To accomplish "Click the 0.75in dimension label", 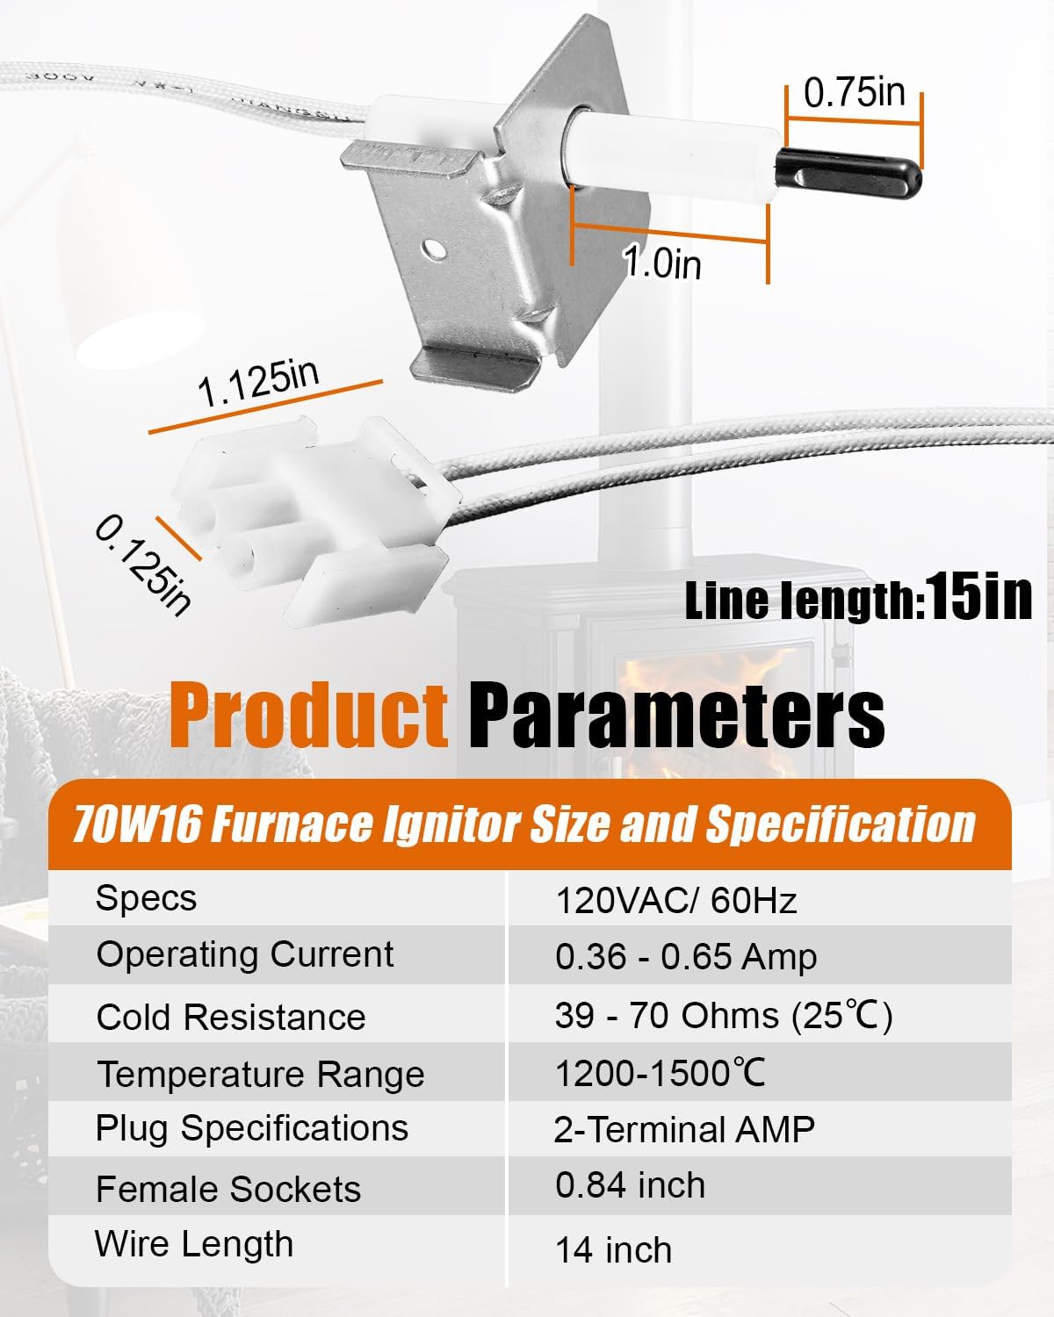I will (x=854, y=92).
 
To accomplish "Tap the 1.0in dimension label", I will (x=662, y=262).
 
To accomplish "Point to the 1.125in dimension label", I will (x=258, y=383).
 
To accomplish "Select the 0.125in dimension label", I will (x=142, y=566).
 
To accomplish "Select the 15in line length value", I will (x=978, y=597).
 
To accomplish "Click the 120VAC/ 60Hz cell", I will (x=676, y=900).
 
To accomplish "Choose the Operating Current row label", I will (x=245, y=954).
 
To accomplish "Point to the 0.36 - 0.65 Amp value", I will (x=686, y=956).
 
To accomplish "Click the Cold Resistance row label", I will (x=231, y=1017).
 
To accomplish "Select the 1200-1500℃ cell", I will (x=661, y=1073).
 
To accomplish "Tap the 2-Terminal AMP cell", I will (x=684, y=1129).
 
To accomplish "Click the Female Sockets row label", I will (x=228, y=1189).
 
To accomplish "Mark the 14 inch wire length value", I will (x=613, y=1249).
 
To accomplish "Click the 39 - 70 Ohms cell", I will (x=724, y=1016).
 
